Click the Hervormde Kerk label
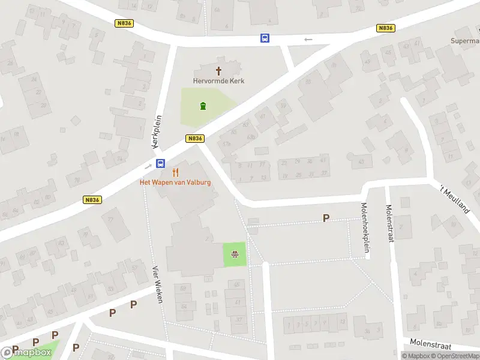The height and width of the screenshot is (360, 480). pos(218,81)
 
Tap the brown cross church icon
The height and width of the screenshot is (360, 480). pos(218,71)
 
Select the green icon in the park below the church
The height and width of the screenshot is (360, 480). pos(203,107)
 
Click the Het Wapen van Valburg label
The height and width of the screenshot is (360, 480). pos(175,182)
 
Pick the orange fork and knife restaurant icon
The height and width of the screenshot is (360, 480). pos(175,172)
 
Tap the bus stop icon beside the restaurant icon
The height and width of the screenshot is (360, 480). pos(161,163)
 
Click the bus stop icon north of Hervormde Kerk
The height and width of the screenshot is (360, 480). pos(265,38)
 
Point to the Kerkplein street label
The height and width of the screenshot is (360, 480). pos(157,132)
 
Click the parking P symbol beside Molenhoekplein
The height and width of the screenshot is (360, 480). pos(326,218)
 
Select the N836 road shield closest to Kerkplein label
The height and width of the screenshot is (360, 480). pos(195,139)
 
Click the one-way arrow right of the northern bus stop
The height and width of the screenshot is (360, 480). pos(308,40)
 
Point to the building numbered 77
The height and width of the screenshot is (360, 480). pos(110,220)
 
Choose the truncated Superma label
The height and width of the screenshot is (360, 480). pos(465,41)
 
